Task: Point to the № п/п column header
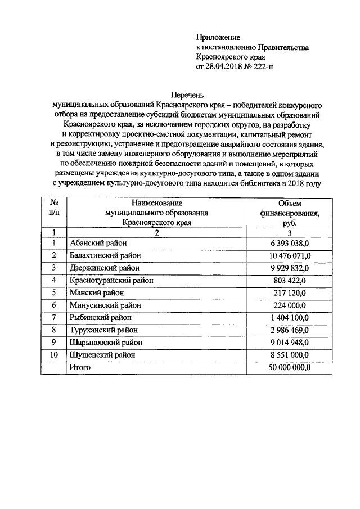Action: tap(54, 208)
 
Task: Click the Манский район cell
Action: tap(95, 292)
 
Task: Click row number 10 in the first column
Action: tap(54, 354)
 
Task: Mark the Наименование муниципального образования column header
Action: tap(156, 213)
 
